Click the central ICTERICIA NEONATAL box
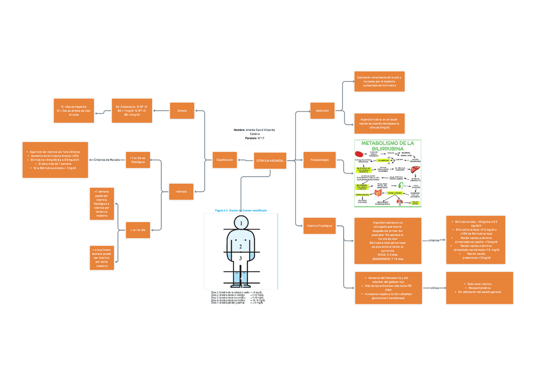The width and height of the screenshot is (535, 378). click(270, 161)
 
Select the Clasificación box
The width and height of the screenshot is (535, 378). click(225, 160)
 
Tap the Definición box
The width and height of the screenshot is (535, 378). click(322, 111)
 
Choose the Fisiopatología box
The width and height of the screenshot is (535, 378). click(322, 160)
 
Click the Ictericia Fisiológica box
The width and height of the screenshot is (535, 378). click(319, 226)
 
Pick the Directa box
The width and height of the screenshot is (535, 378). click(182, 111)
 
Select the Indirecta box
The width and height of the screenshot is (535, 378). click(181, 192)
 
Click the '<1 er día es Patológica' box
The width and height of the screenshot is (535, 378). click(138, 160)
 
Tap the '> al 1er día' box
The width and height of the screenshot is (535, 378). click(138, 230)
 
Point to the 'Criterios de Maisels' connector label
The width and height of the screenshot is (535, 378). click(107, 160)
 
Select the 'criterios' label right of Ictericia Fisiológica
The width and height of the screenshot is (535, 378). click(434, 240)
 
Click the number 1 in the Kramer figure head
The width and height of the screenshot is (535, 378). click(241, 224)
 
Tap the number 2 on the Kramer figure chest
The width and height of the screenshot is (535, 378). click(241, 246)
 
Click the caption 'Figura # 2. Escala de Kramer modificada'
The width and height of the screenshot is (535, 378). click(241, 210)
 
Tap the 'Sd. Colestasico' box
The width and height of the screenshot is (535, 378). click(132, 111)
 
